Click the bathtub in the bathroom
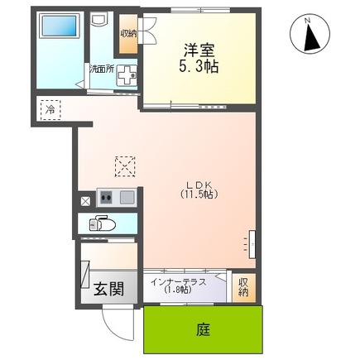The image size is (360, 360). click(59, 26)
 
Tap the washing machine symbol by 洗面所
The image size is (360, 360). click(127, 75)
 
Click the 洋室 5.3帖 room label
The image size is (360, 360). click(199, 58)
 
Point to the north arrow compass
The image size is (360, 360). click(310, 34)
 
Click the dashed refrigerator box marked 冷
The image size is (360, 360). click(50, 110)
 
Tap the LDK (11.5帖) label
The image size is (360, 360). click(199, 190)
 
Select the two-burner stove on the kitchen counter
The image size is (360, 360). click(106, 197)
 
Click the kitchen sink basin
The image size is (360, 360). click(127, 197)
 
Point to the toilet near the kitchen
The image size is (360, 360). click(102, 223)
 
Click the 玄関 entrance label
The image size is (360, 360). click(108, 289)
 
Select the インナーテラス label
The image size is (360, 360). click(179, 282)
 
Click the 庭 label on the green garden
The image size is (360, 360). click(204, 329)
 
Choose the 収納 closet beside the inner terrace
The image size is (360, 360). click(243, 288)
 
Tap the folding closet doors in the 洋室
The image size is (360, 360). click(148, 30)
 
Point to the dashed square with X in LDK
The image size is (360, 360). click(125, 166)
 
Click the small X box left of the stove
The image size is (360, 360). click(85, 201)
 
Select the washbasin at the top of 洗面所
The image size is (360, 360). click(98, 20)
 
